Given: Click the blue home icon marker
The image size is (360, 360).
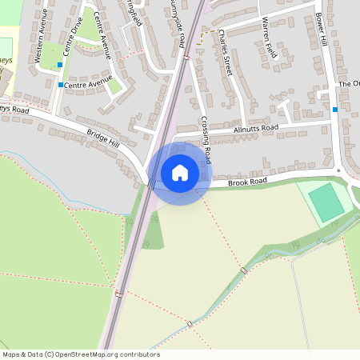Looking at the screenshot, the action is pos(180,173).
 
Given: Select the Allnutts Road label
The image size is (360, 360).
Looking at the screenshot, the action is pos(256,127).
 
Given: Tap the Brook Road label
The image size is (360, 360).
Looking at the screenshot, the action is pos(246,182).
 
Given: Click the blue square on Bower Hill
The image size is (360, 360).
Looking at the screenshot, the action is pos(334,109).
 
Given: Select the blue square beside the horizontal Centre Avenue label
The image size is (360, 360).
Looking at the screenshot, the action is pos(60,84).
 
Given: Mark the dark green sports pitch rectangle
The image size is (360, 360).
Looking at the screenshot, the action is pos(326,202).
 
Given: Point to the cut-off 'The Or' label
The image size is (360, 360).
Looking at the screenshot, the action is pos(349,83).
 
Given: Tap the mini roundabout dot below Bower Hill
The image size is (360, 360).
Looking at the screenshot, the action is pos(338,170).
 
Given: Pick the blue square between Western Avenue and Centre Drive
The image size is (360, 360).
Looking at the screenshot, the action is pos(59,65).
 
